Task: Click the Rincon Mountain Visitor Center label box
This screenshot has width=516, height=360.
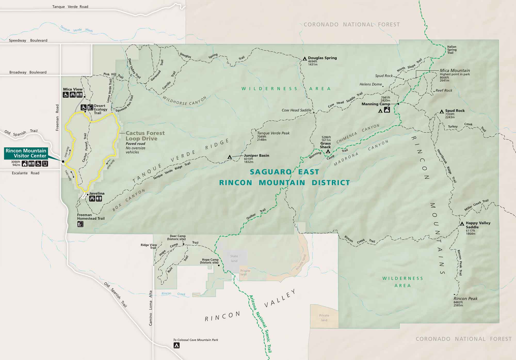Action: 26,153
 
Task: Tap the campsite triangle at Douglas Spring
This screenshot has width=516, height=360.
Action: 305,59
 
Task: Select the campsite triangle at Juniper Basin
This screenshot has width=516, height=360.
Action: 230,157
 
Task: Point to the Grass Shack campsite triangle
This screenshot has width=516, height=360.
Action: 328,151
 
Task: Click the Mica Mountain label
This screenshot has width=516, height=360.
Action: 455,71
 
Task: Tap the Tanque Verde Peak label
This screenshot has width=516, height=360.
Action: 273,133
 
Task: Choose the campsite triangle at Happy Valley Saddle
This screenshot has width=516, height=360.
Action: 462,224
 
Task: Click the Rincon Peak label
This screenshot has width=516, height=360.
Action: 465,299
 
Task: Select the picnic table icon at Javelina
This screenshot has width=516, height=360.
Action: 92,199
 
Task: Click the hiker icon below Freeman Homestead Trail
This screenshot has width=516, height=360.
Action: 80,224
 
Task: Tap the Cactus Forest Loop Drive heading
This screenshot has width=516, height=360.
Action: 145,136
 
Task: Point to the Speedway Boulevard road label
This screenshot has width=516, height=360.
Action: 28,41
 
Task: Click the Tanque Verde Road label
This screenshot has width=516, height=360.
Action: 70,7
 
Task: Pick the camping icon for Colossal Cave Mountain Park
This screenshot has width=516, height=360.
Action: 176,345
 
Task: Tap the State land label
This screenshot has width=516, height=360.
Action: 234,259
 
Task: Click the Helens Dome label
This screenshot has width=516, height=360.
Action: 370,84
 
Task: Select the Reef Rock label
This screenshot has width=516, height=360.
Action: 444,90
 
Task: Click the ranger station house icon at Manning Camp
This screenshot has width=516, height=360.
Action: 387,110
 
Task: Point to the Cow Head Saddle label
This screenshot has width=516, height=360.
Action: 296,110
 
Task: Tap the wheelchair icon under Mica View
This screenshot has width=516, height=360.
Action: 66,95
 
